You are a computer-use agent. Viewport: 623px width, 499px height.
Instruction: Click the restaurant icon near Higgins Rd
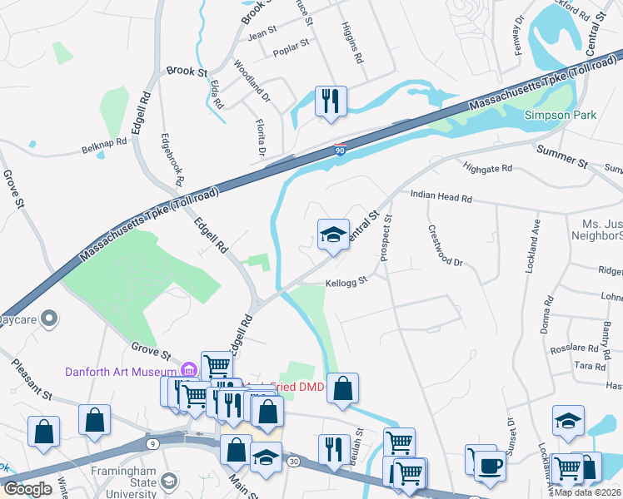point(331,101)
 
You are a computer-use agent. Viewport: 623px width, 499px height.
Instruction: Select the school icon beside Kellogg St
point(333,235)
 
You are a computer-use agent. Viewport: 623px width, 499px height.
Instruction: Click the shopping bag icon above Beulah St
point(342,388)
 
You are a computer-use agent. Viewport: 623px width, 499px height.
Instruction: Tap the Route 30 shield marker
point(293,461)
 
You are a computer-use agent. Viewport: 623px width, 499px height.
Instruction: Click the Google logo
point(27,489)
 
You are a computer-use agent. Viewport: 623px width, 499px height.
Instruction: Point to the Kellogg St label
point(346,282)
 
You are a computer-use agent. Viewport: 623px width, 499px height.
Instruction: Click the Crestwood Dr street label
point(444,245)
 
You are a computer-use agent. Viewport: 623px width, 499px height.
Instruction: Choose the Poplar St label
point(292,47)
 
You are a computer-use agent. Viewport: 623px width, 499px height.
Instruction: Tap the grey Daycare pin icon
point(49,319)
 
